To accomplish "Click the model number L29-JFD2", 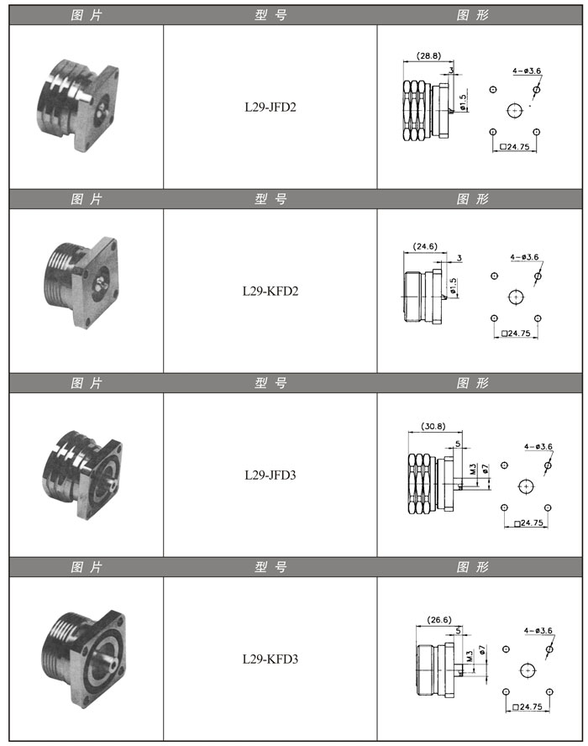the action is click(270, 107).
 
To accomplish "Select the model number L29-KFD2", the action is click(270, 292).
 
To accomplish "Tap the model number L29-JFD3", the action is click(270, 475).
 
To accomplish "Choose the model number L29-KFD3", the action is click(270, 659).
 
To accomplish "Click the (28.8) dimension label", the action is click(428, 55).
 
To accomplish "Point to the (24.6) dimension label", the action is click(425, 246).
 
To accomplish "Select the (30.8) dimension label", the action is click(433, 426).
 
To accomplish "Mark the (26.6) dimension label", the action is click(439, 620).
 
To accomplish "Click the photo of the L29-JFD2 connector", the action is click(77, 105).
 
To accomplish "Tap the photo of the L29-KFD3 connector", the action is click(84, 659).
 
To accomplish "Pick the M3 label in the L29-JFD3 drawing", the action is click(473, 469).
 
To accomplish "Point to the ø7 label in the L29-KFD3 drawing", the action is click(482, 650).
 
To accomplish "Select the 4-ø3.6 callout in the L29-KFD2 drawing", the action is click(524, 257).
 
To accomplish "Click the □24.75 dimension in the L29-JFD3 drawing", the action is click(528, 523).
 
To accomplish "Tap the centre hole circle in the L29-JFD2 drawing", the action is click(515, 110).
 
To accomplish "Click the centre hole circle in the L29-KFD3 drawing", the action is click(528, 670).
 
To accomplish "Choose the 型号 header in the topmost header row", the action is click(270, 15).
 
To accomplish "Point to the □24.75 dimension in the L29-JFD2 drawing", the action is click(515, 147).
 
